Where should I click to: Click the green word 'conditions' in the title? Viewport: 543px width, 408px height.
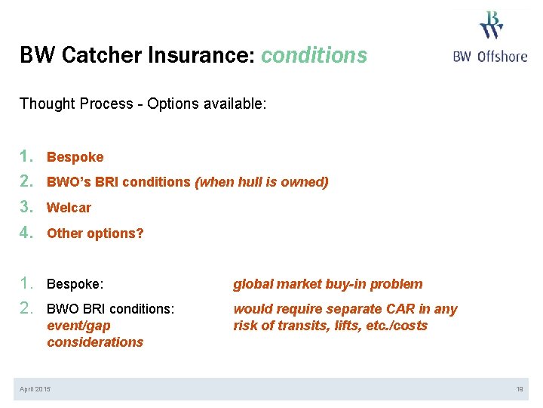[x=314, y=55]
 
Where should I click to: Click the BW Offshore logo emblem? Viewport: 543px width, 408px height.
[x=491, y=25]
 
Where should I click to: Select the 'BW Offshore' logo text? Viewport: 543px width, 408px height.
[x=490, y=56]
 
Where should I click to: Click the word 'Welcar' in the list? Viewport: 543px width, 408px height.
[x=69, y=208]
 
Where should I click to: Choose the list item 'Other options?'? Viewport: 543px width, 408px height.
[x=95, y=233]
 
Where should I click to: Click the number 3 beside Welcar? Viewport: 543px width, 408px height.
[x=27, y=207]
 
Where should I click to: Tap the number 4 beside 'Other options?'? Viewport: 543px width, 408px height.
[x=27, y=233]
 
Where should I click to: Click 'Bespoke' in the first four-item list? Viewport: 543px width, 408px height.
[x=75, y=157]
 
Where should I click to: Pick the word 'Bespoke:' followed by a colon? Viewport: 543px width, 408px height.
[x=75, y=284]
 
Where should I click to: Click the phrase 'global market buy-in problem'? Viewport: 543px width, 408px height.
[x=327, y=284]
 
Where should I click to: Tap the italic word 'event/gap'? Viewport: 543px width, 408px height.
[x=78, y=326]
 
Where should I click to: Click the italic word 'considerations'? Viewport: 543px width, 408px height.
[x=95, y=342]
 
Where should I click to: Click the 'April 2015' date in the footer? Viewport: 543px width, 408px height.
[x=35, y=388]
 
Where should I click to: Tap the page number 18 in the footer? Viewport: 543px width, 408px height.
[x=520, y=388]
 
